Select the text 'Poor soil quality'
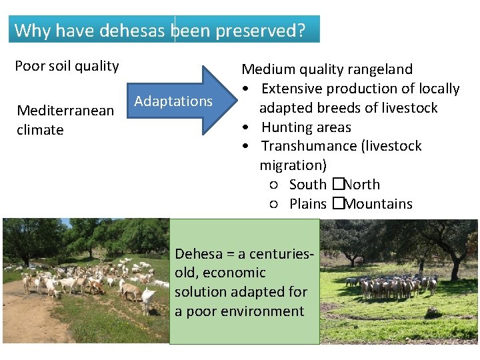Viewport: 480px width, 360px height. pos(67,66)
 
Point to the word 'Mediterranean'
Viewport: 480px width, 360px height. pos(65,111)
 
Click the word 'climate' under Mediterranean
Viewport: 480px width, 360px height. pos(40,129)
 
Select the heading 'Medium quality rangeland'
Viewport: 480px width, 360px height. pos(327,69)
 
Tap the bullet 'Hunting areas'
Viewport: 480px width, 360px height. pos(306,127)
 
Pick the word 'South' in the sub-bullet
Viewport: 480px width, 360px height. pos(308,185)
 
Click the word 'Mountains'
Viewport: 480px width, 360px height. pos(379,204)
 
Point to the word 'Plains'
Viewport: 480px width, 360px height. pos(308,204)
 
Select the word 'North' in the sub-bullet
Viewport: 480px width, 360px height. pos(362,185)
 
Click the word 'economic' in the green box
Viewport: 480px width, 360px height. pos(233,273)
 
